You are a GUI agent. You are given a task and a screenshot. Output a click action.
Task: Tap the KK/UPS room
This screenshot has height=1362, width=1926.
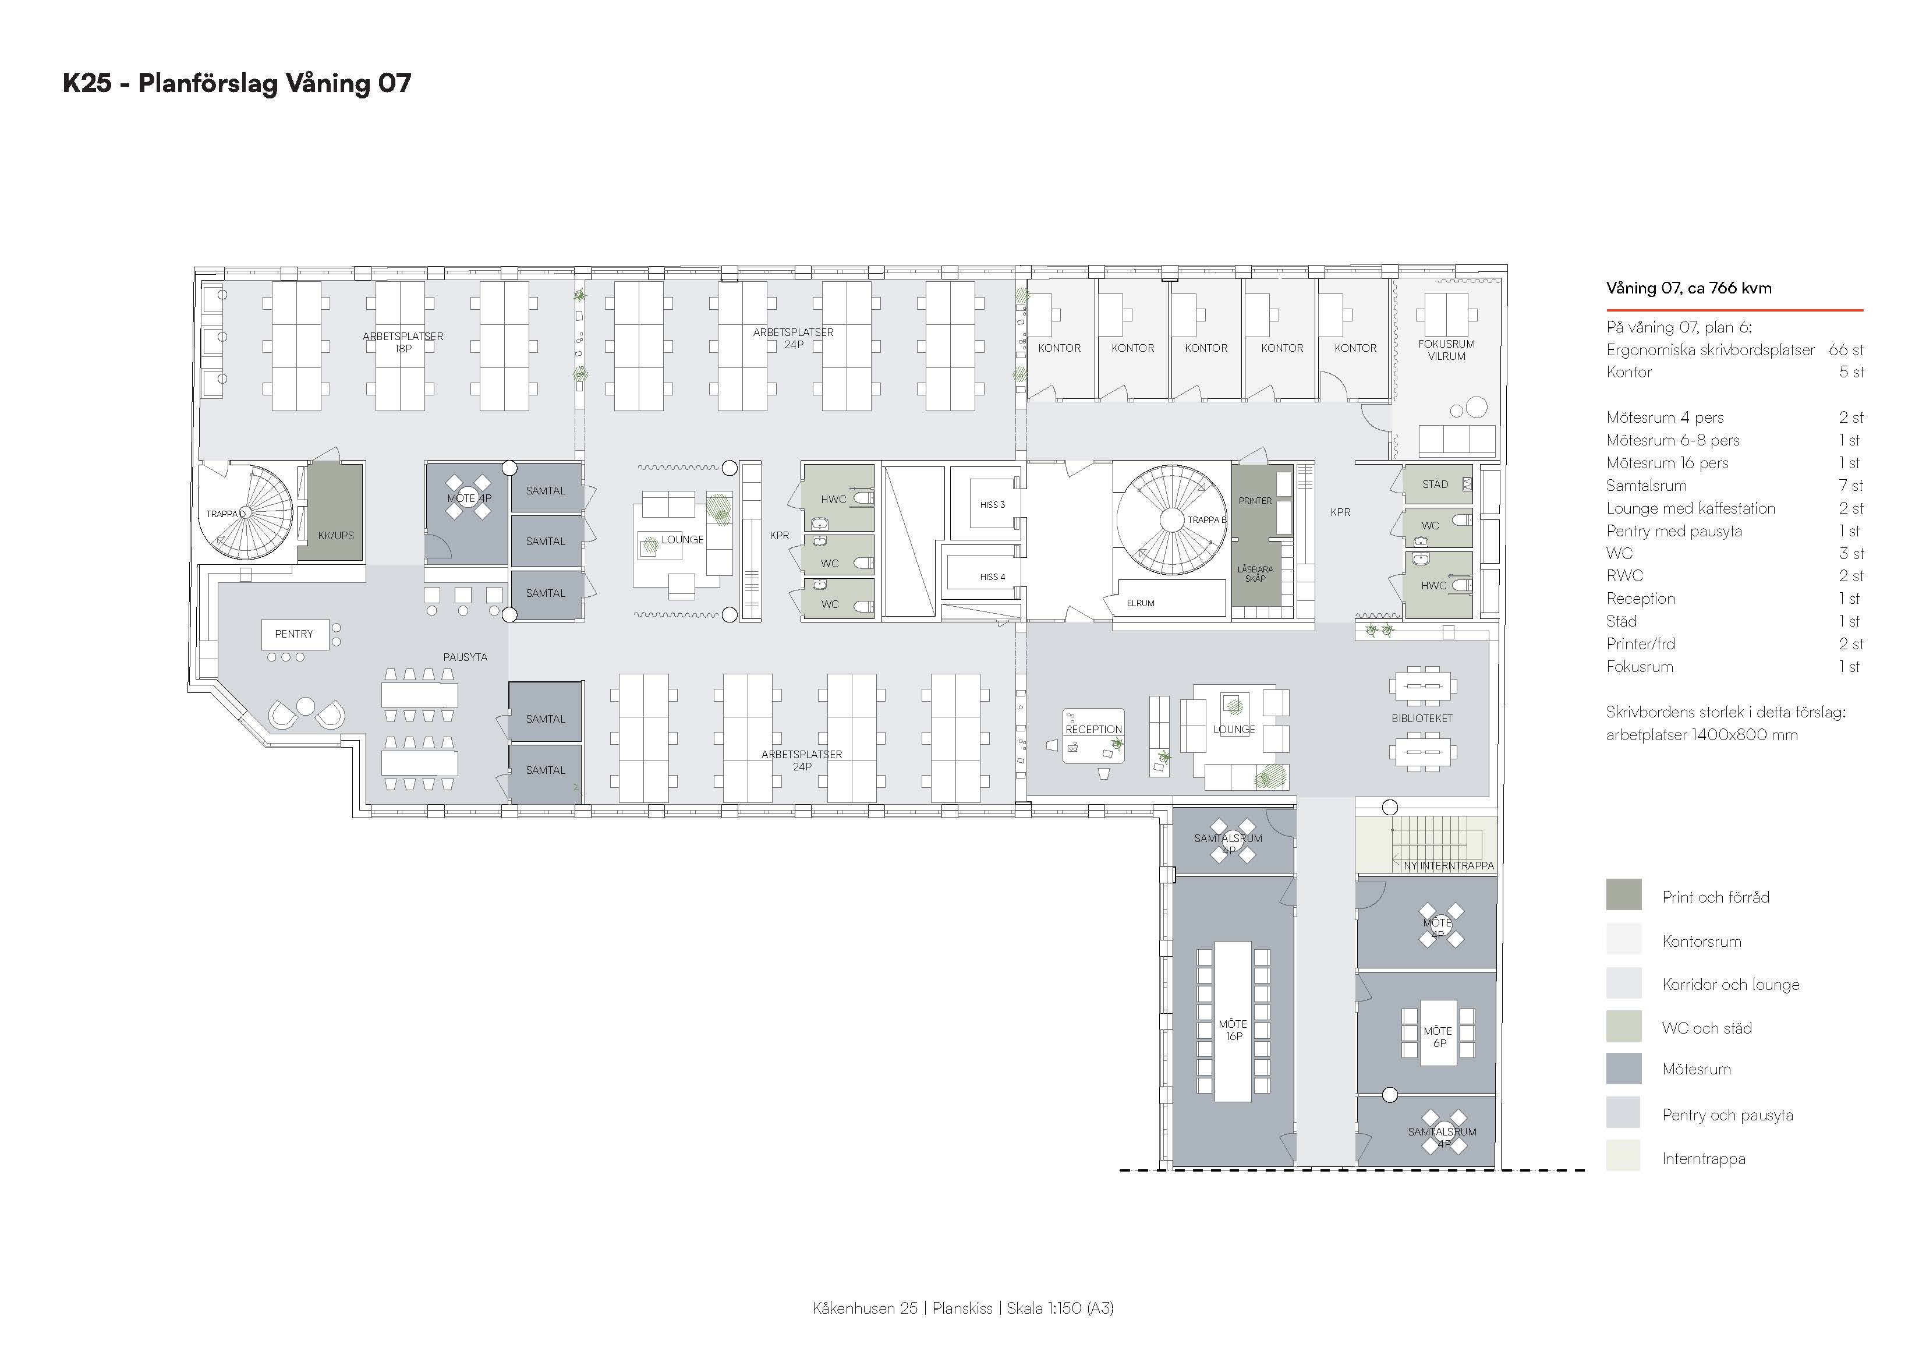tap(335, 512)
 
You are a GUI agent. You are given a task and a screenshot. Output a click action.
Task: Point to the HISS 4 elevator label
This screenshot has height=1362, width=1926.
tap(992, 578)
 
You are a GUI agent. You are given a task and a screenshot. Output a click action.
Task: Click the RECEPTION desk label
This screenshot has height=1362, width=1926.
tap(1094, 729)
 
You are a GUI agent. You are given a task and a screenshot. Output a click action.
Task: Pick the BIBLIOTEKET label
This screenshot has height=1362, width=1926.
tap(1422, 719)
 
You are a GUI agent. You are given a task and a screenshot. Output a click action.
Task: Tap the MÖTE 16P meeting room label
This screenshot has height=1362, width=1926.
tap(1233, 1030)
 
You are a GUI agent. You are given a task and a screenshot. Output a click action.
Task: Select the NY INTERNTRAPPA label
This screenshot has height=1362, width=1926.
tap(1449, 865)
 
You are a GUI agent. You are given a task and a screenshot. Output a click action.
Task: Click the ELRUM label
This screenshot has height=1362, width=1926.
tap(1141, 603)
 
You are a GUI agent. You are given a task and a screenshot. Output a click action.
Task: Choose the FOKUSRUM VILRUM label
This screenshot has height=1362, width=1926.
tap(1447, 350)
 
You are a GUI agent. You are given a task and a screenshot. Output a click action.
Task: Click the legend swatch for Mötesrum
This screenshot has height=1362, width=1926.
tap(1624, 1069)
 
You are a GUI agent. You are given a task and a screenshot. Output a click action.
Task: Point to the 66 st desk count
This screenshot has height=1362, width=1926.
tap(1846, 350)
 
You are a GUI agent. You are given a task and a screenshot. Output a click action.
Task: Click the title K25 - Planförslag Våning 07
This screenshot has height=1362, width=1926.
tap(236, 83)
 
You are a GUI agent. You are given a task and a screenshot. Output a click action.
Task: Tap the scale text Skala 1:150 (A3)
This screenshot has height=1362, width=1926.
tap(1060, 1308)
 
